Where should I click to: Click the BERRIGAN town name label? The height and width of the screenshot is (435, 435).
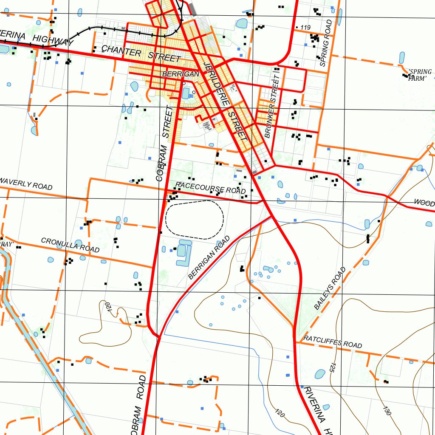point(181,74)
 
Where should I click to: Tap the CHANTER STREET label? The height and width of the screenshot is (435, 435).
point(141,54)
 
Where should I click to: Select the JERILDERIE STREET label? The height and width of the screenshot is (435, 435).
point(225,102)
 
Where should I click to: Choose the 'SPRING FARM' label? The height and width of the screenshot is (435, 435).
point(419,75)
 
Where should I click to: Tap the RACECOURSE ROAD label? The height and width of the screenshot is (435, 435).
point(210,187)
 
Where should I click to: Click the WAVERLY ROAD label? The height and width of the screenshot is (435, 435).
point(26,184)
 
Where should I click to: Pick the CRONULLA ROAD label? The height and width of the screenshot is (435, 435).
point(70,245)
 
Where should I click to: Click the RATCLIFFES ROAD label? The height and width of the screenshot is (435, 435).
point(333,342)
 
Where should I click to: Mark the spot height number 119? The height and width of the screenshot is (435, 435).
point(305,28)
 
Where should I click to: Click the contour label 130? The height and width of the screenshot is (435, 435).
point(386,410)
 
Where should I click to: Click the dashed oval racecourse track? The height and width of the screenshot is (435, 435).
point(195,220)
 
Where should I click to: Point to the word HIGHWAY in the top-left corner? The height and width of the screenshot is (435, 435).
point(53,40)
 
